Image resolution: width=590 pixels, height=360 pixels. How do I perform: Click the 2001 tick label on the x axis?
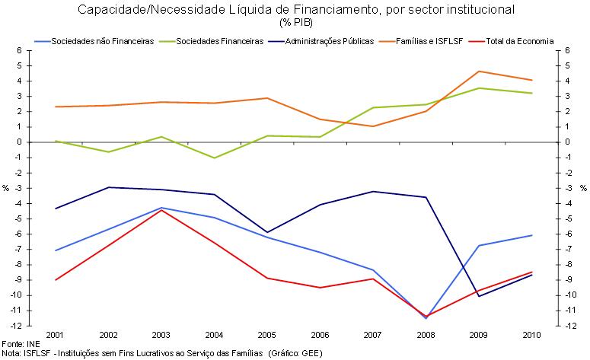click(54, 334)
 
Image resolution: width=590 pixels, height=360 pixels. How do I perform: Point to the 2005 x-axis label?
click(265, 334)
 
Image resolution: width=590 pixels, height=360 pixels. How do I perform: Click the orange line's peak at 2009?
click(478, 72)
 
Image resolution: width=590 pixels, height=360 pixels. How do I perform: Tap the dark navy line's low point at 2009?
click(478, 296)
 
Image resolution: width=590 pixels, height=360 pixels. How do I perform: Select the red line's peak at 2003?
click(160, 210)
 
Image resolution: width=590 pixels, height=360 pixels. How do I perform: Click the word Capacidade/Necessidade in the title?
click(144, 10)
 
